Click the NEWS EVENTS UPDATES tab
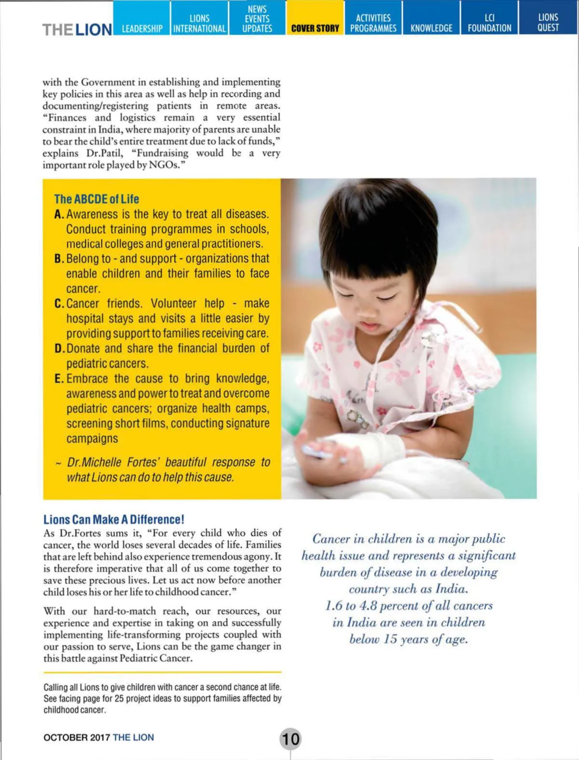click(257, 18)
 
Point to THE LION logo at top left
click(77, 29)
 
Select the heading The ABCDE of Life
click(96, 199)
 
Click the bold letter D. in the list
click(59, 348)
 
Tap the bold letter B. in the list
click(59, 259)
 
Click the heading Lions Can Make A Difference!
click(114, 519)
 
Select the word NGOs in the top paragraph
click(166, 165)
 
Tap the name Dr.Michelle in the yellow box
click(95, 462)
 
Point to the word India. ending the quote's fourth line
click(452, 589)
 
